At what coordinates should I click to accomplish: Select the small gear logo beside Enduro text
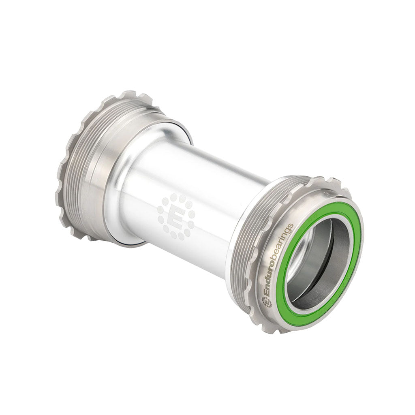[266, 301]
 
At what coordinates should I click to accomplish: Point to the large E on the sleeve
[176, 217]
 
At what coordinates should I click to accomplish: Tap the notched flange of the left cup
[67, 170]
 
